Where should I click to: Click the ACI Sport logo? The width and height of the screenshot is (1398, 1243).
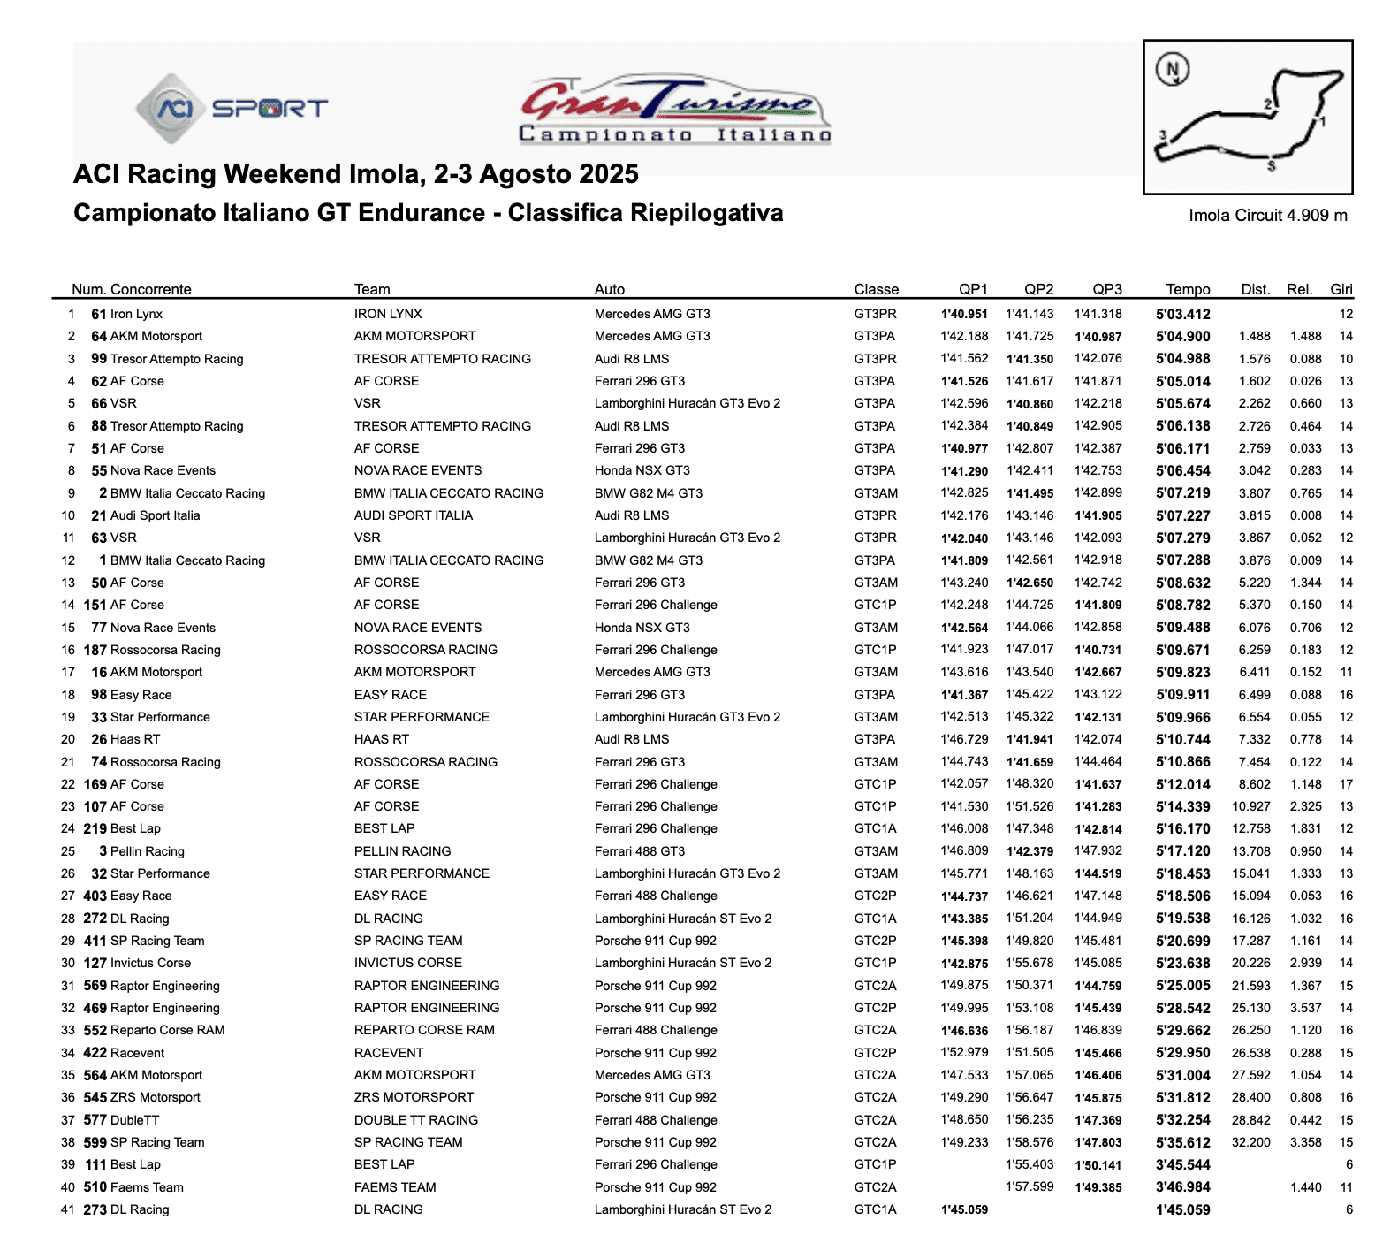[x=232, y=109]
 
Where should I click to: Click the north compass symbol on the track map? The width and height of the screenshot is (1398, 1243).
[x=1173, y=69]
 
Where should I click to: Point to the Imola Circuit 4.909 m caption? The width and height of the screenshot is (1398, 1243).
[x=1267, y=216]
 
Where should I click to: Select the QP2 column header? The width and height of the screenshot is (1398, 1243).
[x=1038, y=289]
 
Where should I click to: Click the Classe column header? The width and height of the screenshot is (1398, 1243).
[x=876, y=289]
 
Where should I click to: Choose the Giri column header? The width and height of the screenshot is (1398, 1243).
[x=1341, y=289]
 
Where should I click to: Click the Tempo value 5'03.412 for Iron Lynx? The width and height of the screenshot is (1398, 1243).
[x=1182, y=314]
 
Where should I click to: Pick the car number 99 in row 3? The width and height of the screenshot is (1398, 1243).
[x=99, y=359]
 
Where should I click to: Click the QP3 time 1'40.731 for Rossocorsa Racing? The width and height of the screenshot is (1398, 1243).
[x=1098, y=650]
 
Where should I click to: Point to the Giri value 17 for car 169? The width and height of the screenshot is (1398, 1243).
[x=1346, y=784]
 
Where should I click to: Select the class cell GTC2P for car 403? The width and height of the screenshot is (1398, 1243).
[x=875, y=896]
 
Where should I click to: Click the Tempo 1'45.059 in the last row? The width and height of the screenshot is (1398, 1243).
[x=1182, y=1209]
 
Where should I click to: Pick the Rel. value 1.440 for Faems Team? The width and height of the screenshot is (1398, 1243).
[x=1305, y=1187]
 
